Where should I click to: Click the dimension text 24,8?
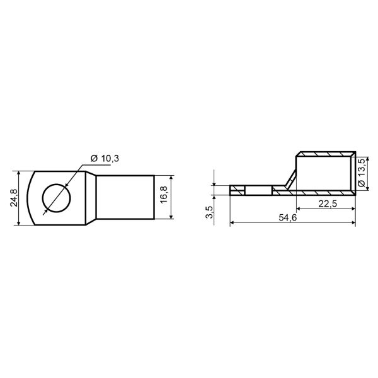14,198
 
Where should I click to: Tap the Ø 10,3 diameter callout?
105,159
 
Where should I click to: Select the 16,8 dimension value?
164,195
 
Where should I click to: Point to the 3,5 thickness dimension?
210,212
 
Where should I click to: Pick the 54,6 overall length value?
288,218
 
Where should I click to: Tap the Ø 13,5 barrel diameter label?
362,173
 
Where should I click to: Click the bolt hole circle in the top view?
57,198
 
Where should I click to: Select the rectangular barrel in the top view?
125,197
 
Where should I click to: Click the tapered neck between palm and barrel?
91,198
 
